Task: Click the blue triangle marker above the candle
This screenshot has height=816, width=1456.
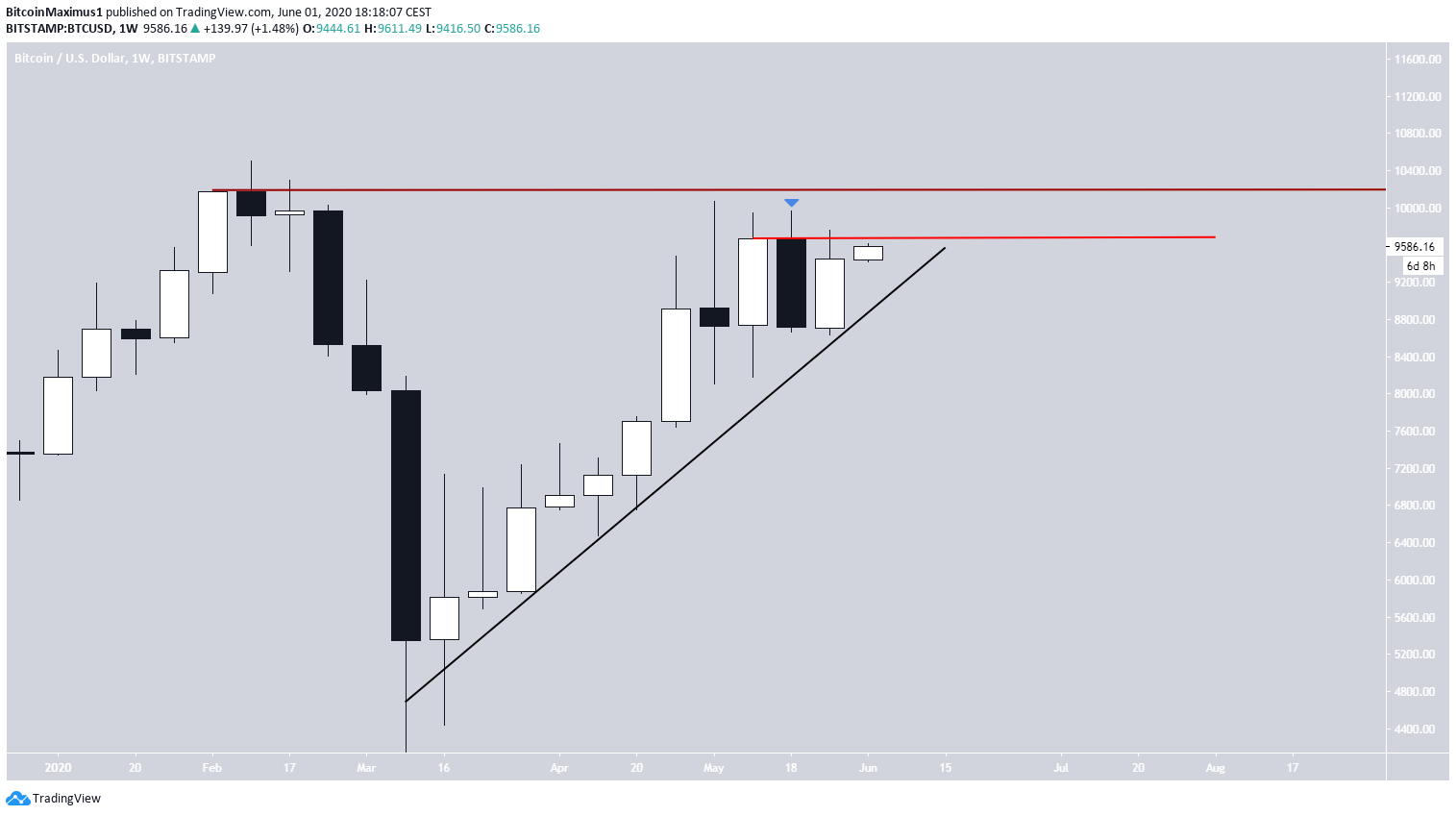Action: (x=791, y=203)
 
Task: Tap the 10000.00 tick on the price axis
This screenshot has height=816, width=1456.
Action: (x=1418, y=208)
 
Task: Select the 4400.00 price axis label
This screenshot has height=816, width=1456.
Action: (x=1418, y=729)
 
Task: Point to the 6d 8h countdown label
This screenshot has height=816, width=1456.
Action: (x=1420, y=266)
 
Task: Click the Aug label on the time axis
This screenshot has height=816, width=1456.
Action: (x=1215, y=768)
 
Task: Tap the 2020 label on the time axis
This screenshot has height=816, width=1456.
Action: (x=58, y=768)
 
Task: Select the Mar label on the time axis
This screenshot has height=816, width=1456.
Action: (x=366, y=768)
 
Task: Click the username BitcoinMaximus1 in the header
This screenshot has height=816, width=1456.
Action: (x=54, y=12)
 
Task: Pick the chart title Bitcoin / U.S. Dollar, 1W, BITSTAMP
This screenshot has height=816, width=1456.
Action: (x=114, y=59)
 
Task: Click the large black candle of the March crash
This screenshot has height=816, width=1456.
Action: (x=406, y=515)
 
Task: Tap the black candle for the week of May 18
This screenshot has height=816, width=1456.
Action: (x=791, y=283)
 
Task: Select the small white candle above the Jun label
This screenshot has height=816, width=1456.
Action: (x=868, y=253)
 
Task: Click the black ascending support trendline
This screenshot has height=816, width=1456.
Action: (x=673, y=475)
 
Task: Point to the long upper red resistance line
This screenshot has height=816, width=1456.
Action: (x=798, y=190)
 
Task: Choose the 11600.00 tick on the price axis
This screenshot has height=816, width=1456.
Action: (x=1418, y=60)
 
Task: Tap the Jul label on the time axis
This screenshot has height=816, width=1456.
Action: (x=1061, y=768)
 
